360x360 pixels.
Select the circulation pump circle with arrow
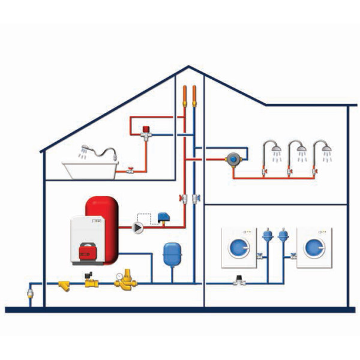click(x=139, y=227)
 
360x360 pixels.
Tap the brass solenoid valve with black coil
click(x=91, y=279)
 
